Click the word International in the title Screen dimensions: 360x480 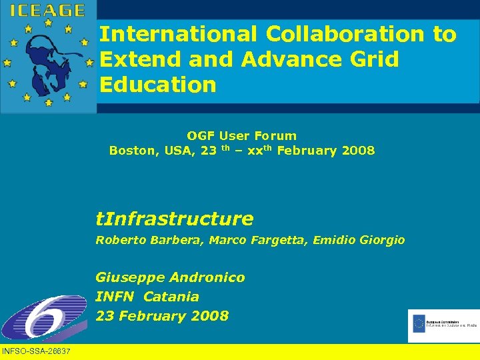[x=178, y=34]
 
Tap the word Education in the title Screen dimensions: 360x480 [x=158, y=85]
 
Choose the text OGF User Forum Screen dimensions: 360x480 [x=241, y=136]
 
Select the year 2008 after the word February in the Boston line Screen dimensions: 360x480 [x=358, y=151]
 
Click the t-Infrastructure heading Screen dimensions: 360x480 [x=175, y=219]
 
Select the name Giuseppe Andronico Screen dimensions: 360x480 [x=170, y=277]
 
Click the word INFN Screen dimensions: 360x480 [x=115, y=297]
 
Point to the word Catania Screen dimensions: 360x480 [x=171, y=297]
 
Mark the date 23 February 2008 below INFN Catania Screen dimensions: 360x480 [x=162, y=316]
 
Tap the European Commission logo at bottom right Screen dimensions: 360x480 [x=443, y=325]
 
